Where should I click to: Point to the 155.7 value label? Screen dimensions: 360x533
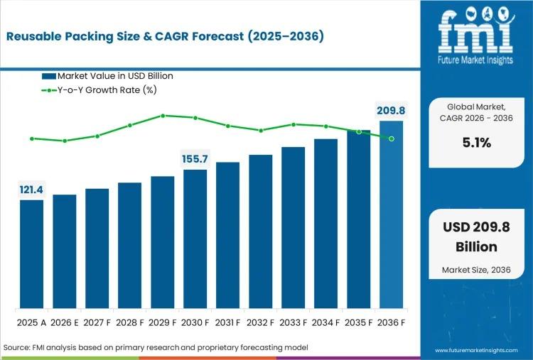(195, 159)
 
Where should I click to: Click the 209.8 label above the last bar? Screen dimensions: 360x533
(390, 110)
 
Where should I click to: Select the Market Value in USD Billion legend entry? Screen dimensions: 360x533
(107, 76)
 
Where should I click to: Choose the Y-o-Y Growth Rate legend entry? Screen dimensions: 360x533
(99, 89)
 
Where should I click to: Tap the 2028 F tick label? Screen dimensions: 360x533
(129, 323)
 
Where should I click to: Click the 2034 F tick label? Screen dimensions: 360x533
(325, 323)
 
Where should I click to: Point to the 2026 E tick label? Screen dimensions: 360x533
(64, 323)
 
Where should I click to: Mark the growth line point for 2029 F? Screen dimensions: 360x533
(163, 115)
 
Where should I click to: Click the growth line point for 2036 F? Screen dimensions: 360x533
(392, 138)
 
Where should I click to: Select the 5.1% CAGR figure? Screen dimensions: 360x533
(476, 143)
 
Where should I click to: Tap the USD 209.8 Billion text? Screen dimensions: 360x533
(476, 237)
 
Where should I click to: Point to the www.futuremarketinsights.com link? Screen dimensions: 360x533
(479, 351)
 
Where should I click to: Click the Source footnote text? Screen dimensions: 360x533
(157, 347)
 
